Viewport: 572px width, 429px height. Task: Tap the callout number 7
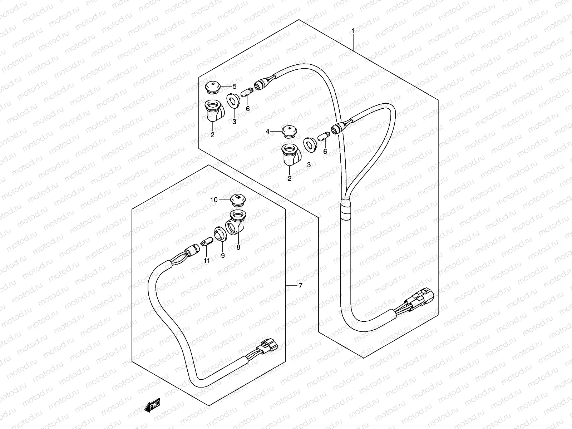pyautogui.click(x=300, y=285)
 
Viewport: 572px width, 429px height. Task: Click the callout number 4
pyautogui.click(x=268, y=132)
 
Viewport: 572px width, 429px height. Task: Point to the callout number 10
pyautogui.click(x=214, y=200)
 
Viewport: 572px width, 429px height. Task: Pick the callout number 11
pyautogui.click(x=207, y=260)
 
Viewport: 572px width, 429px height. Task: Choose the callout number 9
pyautogui.click(x=222, y=256)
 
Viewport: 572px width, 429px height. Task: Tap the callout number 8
pyautogui.click(x=238, y=246)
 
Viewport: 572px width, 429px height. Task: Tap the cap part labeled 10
pyautogui.click(x=236, y=199)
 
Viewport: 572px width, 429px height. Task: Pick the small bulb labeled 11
pyautogui.click(x=206, y=242)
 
